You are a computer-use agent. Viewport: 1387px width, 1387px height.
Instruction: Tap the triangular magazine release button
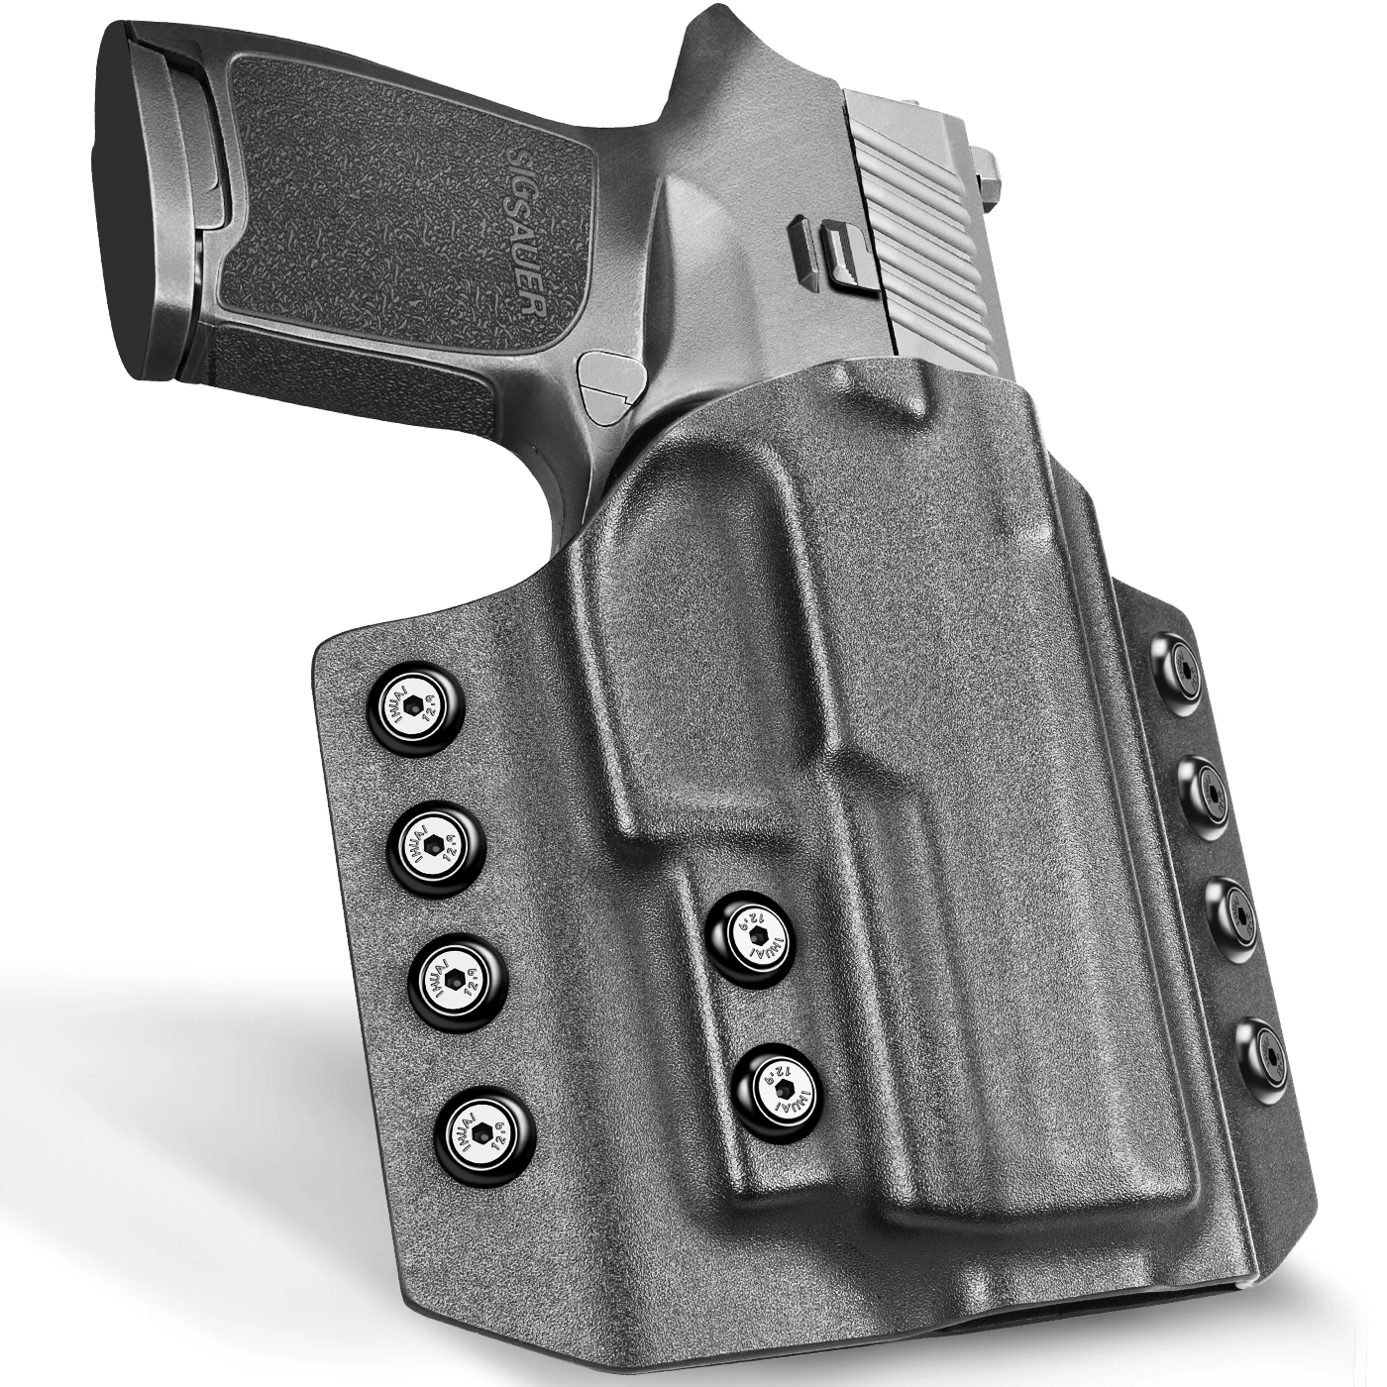click(606, 381)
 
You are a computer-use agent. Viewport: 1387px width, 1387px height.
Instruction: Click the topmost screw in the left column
click(414, 705)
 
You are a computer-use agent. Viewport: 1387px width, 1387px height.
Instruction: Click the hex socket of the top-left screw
click(414, 705)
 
